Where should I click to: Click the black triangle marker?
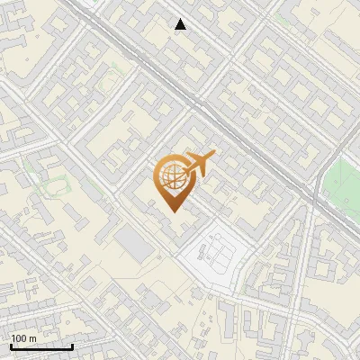(x=181, y=24)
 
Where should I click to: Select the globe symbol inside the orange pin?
(x=171, y=177)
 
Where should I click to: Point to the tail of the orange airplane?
(x=186, y=166)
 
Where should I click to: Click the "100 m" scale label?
(x=24, y=338)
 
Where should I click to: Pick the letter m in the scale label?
(x=33, y=338)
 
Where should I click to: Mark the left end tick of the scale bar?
(x=10, y=345)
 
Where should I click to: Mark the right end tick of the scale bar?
(x=72, y=345)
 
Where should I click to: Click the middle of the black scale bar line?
(x=40, y=346)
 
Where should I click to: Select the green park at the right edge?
(x=342, y=184)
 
